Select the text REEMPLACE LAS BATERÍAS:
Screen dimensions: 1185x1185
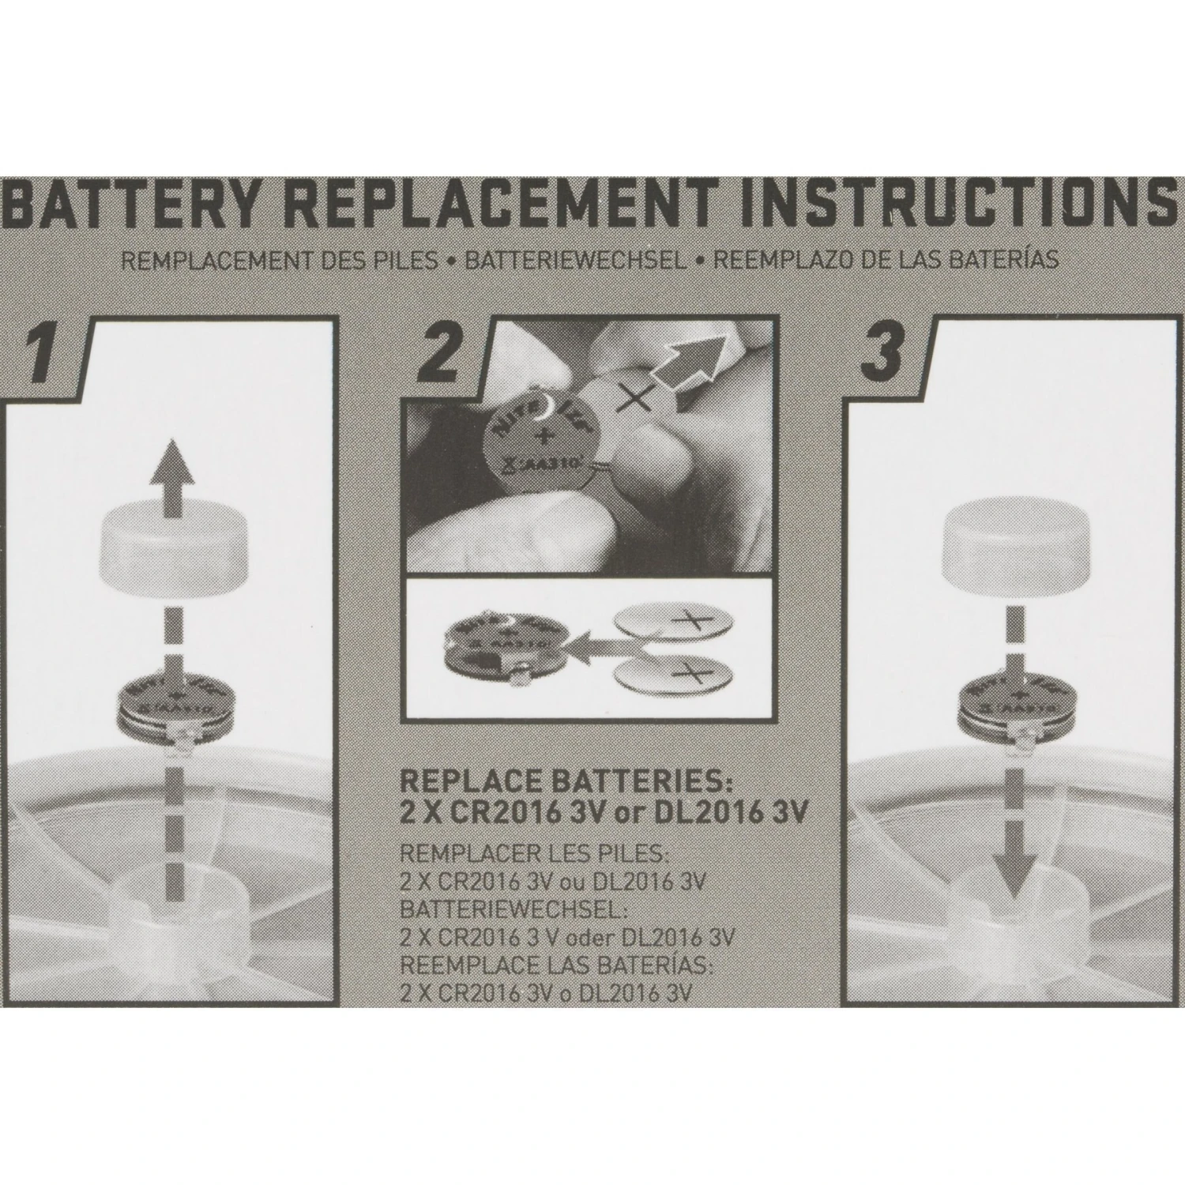coord(557,965)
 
